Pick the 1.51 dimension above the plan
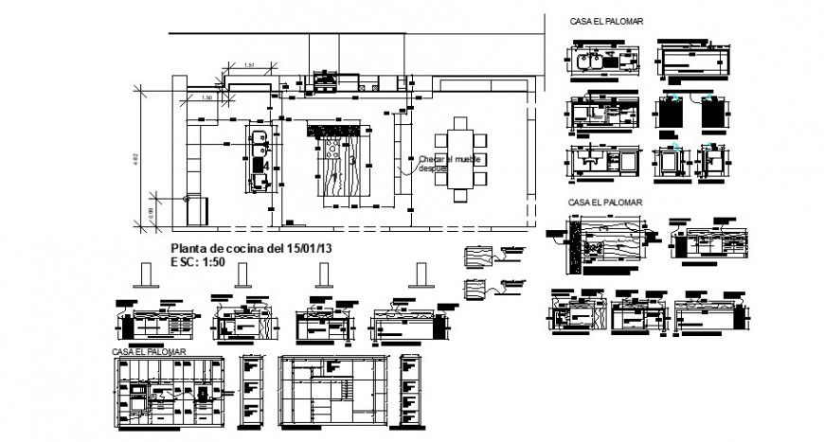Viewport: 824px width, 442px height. point(248,64)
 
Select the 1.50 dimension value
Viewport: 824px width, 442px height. point(206,97)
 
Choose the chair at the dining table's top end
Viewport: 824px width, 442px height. point(461,121)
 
